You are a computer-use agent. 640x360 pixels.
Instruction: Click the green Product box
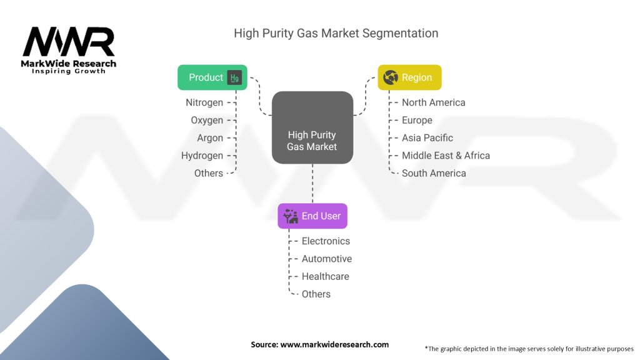click(x=212, y=77)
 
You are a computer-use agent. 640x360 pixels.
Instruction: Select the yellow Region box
click(x=409, y=77)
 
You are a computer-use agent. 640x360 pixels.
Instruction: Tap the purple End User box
click(x=312, y=216)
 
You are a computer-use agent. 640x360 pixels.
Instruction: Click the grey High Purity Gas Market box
click(x=312, y=128)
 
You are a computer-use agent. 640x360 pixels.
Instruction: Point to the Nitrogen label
click(x=204, y=102)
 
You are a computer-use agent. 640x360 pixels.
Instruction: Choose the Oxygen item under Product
click(x=206, y=120)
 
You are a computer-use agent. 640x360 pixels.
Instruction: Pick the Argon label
click(x=210, y=137)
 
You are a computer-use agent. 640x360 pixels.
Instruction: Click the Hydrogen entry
click(x=202, y=156)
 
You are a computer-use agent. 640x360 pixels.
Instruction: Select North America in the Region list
click(x=433, y=102)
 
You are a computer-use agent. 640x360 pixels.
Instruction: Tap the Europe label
click(x=417, y=120)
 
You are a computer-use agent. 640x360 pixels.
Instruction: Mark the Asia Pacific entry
click(x=427, y=137)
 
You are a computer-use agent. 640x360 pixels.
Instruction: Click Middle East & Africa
click(x=446, y=156)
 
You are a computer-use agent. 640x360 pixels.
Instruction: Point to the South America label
click(x=434, y=173)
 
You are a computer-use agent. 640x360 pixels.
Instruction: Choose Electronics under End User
click(x=326, y=241)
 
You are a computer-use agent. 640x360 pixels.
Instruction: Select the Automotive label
click(x=326, y=259)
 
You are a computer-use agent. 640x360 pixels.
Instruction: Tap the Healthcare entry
click(x=325, y=276)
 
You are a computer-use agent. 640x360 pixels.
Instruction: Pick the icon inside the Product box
click(x=234, y=77)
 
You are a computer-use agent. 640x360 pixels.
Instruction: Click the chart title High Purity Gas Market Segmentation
click(x=336, y=33)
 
